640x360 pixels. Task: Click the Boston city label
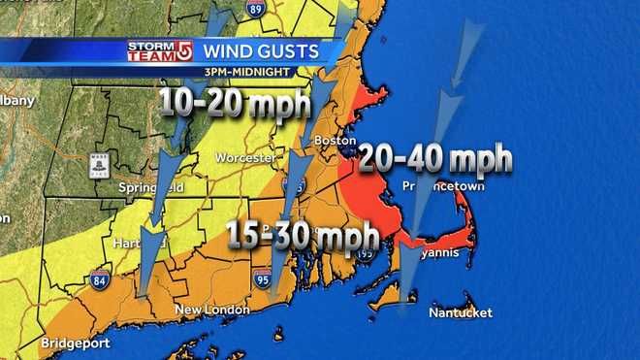332,140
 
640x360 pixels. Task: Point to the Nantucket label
462,312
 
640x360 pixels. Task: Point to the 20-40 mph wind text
434,158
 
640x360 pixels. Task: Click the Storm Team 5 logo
159,49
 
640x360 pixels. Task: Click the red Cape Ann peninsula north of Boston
369,99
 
